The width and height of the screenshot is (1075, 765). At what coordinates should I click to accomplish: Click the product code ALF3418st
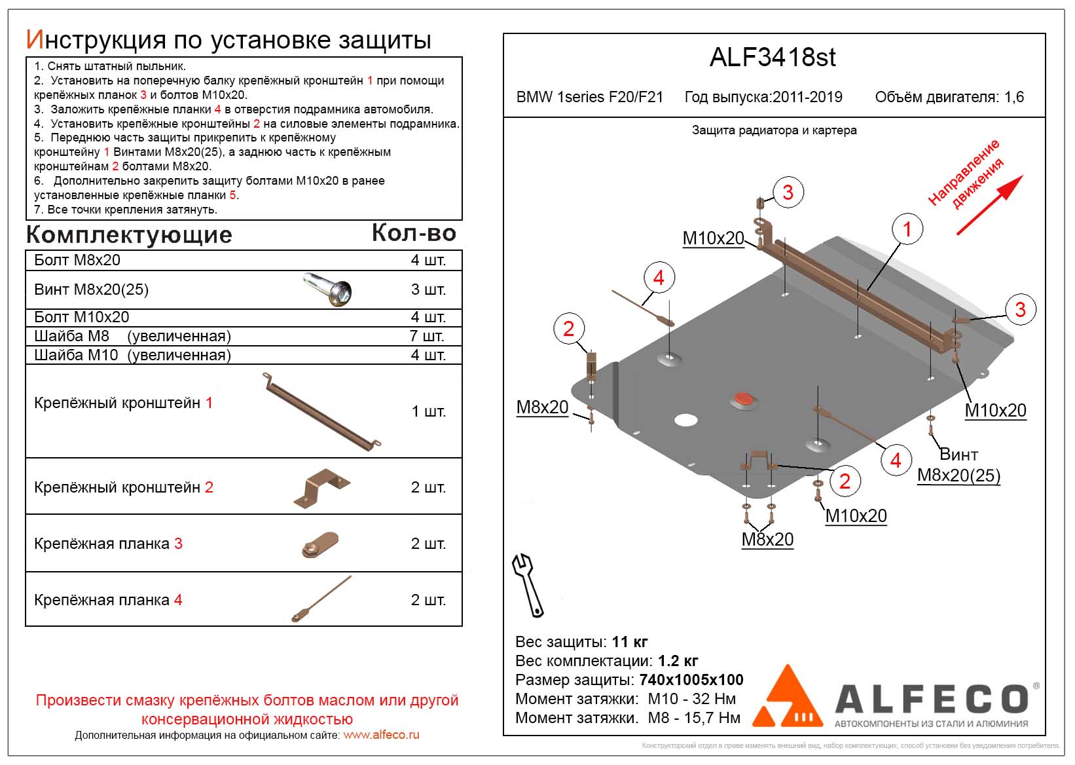(773, 58)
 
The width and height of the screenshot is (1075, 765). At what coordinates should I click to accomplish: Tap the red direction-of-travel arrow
(989, 204)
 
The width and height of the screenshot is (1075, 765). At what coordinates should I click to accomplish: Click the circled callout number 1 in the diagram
(907, 229)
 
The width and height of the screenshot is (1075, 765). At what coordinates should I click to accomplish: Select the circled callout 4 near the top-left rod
(658, 278)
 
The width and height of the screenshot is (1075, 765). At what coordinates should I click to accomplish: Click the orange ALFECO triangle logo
(788, 699)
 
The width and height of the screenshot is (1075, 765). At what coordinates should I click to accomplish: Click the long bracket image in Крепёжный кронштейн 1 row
(321, 411)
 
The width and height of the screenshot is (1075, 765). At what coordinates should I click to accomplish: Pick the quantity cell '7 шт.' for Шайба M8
(427, 336)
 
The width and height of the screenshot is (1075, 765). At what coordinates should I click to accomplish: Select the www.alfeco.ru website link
(381, 735)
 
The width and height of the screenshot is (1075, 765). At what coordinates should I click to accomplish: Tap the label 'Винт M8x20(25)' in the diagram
(958, 465)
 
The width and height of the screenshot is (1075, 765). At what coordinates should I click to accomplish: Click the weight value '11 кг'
(629, 642)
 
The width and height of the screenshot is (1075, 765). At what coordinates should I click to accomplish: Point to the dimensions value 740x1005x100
(691, 680)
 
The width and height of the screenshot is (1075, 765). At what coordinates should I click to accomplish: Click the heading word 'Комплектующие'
(129, 234)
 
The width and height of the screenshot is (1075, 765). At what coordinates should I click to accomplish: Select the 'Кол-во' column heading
(414, 233)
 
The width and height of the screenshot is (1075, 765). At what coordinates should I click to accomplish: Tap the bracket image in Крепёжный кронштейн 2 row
(321, 488)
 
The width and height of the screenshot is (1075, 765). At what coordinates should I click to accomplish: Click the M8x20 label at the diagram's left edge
(542, 407)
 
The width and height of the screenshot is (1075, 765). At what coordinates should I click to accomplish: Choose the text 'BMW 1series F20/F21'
(589, 98)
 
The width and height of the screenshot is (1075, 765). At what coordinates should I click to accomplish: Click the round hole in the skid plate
(685, 420)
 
